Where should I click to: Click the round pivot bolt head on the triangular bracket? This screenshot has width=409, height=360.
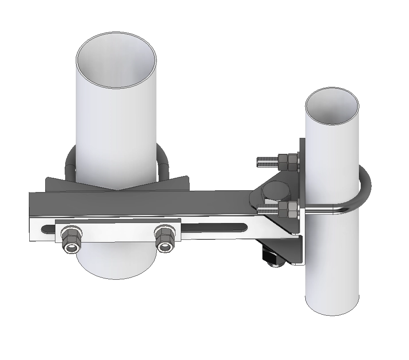tap(274, 191)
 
